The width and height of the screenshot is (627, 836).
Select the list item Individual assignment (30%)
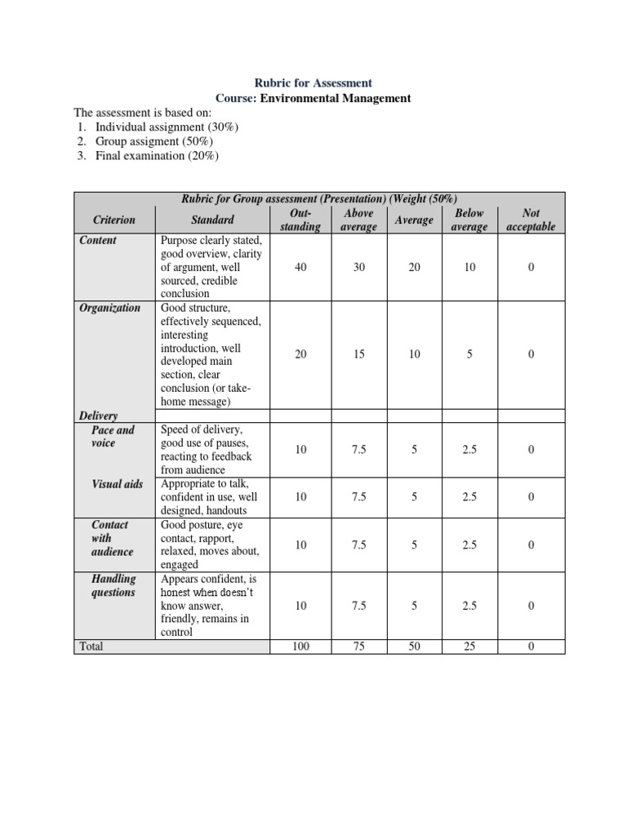167,127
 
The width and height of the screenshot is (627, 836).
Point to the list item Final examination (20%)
157,155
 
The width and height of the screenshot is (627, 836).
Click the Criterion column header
114,220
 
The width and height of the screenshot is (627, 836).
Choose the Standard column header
212,220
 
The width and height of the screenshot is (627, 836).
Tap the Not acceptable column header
531,220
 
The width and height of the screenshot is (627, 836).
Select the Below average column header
469,220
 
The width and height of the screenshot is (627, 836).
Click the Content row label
98,240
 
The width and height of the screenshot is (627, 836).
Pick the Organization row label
109,308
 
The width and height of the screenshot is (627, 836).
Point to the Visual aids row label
118,484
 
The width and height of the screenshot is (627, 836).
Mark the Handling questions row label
113,585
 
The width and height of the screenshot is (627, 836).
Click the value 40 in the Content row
300,267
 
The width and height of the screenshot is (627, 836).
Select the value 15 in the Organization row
359,354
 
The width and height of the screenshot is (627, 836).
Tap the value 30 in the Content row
359,267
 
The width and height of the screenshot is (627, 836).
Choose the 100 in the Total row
300,647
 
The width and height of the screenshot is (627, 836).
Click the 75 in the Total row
359,647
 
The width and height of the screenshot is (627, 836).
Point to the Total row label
91,647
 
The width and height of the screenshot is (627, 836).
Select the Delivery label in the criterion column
99,416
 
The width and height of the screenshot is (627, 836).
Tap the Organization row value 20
300,354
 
